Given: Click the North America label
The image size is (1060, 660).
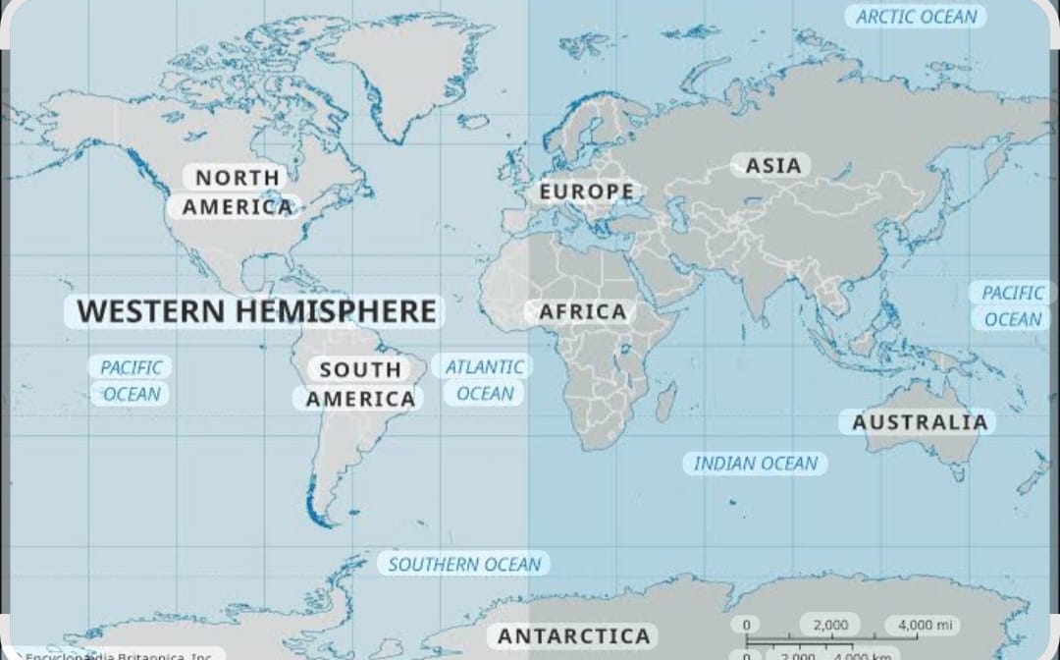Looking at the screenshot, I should (x=237, y=192).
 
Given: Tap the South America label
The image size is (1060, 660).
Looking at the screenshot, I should (x=360, y=384).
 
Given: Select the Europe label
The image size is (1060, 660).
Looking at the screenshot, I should (x=587, y=192).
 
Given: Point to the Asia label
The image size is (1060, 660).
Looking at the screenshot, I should (x=772, y=165).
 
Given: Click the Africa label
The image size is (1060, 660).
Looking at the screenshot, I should (x=582, y=312).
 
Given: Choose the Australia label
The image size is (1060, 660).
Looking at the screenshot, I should (x=919, y=422).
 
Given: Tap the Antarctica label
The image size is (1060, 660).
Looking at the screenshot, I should (x=573, y=636).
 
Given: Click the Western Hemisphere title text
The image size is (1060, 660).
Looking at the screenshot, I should (x=256, y=311).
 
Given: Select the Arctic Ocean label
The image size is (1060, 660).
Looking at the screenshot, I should (x=916, y=17).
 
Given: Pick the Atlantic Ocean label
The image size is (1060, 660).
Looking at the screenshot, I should (x=484, y=380).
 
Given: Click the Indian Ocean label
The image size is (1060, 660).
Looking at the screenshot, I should (x=755, y=464).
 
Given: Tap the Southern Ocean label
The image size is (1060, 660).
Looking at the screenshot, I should (x=463, y=564).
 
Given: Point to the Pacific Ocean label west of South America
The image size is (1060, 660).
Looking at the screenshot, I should (x=132, y=380).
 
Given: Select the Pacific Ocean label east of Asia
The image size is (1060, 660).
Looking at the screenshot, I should (x=1012, y=305).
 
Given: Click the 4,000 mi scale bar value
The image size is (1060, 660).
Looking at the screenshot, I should (x=922, y=625).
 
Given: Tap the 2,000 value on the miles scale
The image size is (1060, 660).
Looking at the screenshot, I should (x=830, y=625).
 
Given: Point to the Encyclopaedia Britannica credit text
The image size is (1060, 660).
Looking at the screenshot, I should (x=118, y=654).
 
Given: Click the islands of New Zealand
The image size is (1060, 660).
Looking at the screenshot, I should (x=1033, y=476).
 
